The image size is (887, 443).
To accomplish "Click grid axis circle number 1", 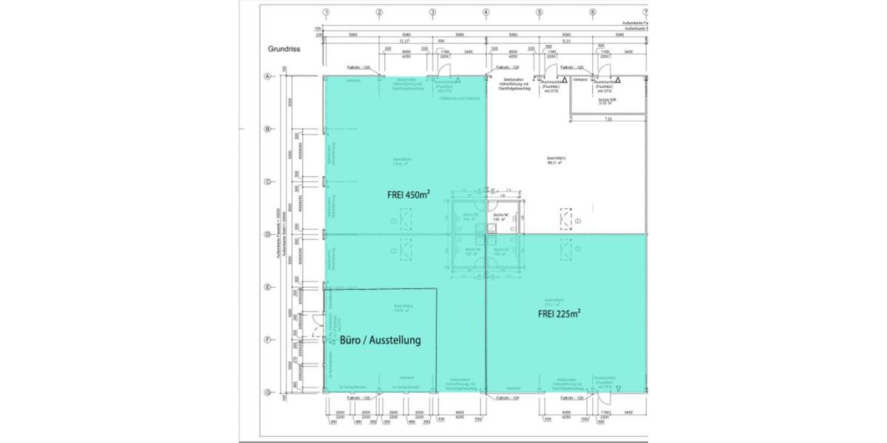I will pyautogui.click(x=326, y=12).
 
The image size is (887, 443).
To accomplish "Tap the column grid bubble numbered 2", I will pyautogui.click(x=379, y=12).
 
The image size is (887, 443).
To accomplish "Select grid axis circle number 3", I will pyautogui.click(x=432, y=12).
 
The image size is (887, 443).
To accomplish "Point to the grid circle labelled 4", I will pyautogui.click(x=486, y=12).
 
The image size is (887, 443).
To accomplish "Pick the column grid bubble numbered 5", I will pyautogui.click(x=539, y=12).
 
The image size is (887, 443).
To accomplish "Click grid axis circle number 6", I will pyautogui.click(x=592, y=12).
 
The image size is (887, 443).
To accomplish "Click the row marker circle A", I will pyautogui.click(x=268, y=76).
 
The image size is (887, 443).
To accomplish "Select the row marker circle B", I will pyautogui.click(x=268, y=129).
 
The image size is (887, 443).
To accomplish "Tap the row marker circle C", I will pyautogui.click(x=268, y=182).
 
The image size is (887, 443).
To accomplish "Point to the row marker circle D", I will pyautogui.click(x=268, y=235).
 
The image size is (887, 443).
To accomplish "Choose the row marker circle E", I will pyautogui.click(x=268, y=287).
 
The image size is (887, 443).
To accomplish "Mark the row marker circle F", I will pyautogui.click(x=268, y=340).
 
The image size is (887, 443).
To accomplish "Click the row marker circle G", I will pyautogui.click(x=268, y=392).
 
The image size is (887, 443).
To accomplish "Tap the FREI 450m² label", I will pyautogui.click(x=409, y=196).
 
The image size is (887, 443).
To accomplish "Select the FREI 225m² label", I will pyautogui.click(x=559, y=313).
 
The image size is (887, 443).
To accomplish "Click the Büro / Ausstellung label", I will pyautogui.click(x=381, y=340).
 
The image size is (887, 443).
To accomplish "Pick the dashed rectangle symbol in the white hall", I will pyautogui.click(x=566, y=220).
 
